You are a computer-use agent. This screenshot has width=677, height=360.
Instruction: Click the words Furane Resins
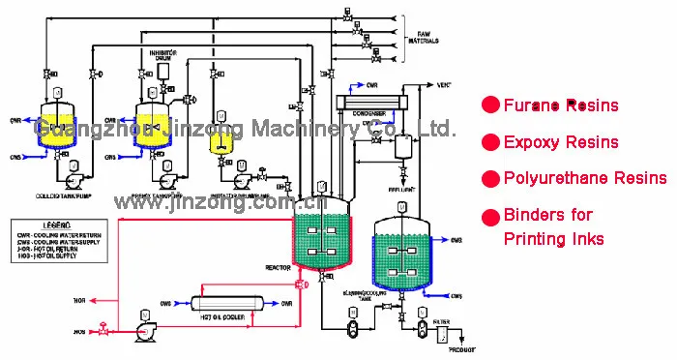coord(561,105)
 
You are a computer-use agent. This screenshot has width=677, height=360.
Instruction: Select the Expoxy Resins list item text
coord(561,142)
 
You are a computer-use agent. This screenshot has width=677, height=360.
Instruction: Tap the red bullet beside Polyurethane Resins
coord(491,179)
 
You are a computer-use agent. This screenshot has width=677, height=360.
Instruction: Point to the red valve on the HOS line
coord(101,330)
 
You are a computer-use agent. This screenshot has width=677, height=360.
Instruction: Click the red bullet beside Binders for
coord(491,215)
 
